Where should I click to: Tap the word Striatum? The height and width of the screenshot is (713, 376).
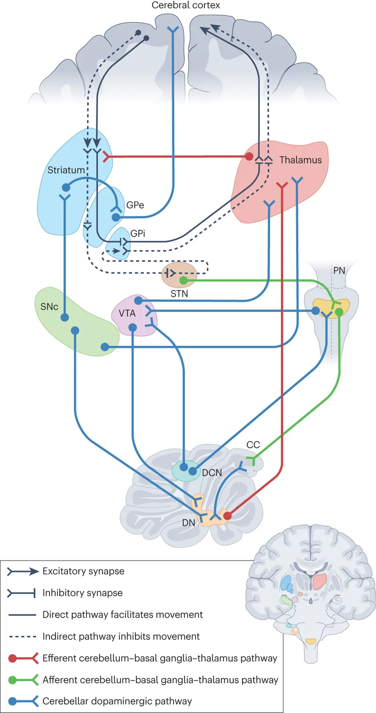point(66,170)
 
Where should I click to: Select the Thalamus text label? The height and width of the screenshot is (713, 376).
point(300,160)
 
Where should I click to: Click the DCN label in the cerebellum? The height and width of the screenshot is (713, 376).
point(212,472)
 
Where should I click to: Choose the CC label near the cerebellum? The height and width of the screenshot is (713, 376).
point(253,445)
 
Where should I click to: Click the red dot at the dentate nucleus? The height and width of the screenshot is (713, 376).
point(227,516)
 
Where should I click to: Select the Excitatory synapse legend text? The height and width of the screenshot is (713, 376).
point(83,571)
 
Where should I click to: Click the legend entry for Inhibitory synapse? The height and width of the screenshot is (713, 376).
point(82,593)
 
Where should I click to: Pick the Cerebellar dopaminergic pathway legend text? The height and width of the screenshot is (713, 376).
point(117,701)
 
